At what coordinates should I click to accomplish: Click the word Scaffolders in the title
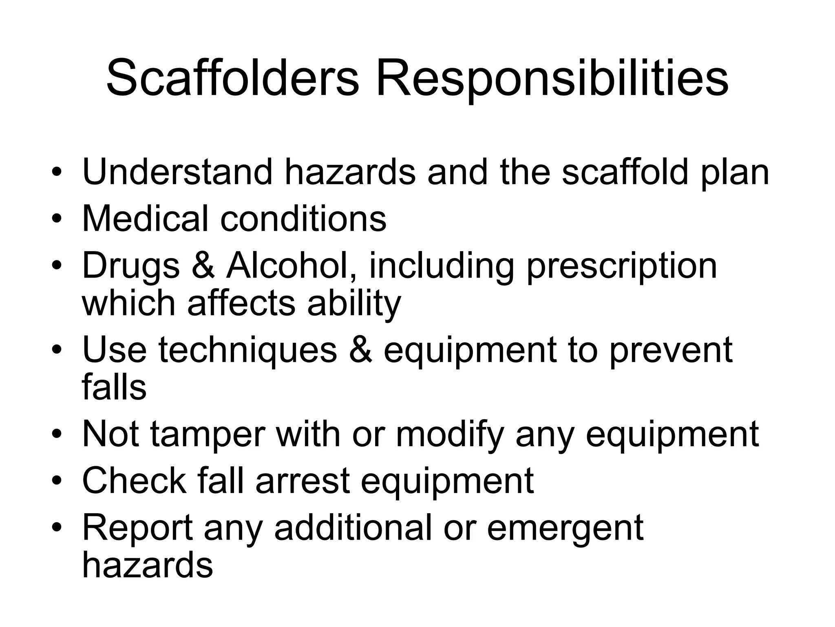(x=232, y=78)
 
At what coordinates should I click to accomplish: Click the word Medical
(x=145, y=218)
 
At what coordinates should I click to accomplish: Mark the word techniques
(x=248, y=351)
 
